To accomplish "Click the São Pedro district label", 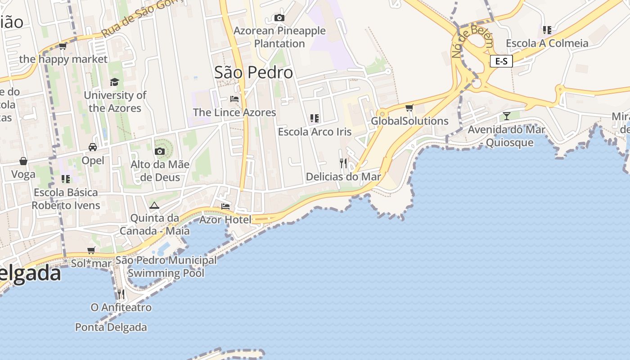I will tap(253, 72).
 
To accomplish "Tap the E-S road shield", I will tap(501, 61).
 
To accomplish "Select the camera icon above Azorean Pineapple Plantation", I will tap(279, 18).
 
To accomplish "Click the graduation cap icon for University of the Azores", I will tap(115, 82).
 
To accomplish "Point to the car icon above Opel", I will tap(93, 147).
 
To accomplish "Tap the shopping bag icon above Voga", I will tap(23, 161).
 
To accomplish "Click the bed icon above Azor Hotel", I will tap(225, 206).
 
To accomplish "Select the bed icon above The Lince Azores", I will tap(234, 99).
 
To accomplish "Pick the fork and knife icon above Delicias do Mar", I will tap(343, 163).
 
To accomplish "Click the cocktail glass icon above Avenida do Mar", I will tap(507, 116).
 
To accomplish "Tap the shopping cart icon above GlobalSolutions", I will tap(409, 108).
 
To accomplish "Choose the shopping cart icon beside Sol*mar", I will tap(91, 250).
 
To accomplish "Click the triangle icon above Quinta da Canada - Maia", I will tap(154, 206).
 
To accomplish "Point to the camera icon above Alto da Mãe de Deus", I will tap(160, 151).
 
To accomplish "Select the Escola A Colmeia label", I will tap(547, 43).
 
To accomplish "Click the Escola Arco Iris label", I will tap(315, 132).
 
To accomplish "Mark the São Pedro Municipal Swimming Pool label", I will tap(166, 266).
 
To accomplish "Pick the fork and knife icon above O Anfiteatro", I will tap(121, 294).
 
